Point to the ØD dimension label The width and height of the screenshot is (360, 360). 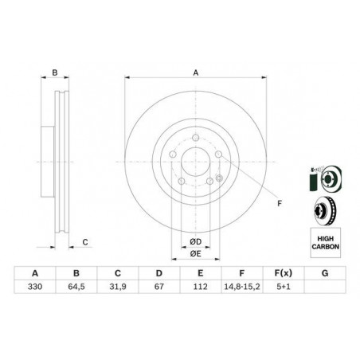194,241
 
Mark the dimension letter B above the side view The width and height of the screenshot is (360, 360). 54,72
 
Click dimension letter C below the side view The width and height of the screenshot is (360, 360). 84,241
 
